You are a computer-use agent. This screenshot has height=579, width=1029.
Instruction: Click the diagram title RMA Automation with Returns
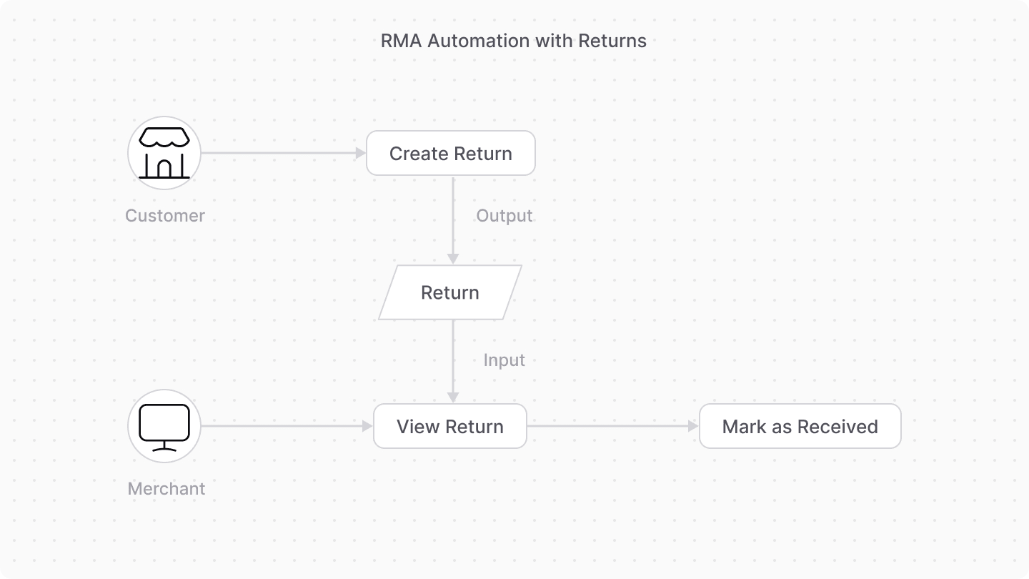pos(513,41)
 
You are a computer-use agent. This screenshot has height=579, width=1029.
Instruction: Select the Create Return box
pos(450,153)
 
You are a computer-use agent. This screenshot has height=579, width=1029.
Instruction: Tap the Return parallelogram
pos(450,292)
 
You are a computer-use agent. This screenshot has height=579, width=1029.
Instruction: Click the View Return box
pos(450,427)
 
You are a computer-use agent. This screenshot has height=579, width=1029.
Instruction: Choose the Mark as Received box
pos(800,427)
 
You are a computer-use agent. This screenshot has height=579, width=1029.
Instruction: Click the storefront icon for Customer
pos(164,153)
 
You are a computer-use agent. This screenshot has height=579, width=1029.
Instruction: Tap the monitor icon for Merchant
pos(164,427)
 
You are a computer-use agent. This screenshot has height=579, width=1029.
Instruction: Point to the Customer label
pos(165,216)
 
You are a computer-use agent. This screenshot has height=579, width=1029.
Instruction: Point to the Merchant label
pos(166,489)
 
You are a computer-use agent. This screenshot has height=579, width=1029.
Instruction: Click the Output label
pos(504,216)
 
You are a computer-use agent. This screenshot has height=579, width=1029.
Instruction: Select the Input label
pos(504,360)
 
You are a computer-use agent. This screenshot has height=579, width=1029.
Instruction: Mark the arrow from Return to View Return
pos(453,361)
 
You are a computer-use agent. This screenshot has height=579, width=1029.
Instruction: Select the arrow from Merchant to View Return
pos(286,427)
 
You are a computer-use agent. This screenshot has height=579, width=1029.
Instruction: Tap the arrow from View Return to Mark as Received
pos(612,427)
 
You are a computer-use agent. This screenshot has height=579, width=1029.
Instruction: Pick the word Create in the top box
pos(418,153)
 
